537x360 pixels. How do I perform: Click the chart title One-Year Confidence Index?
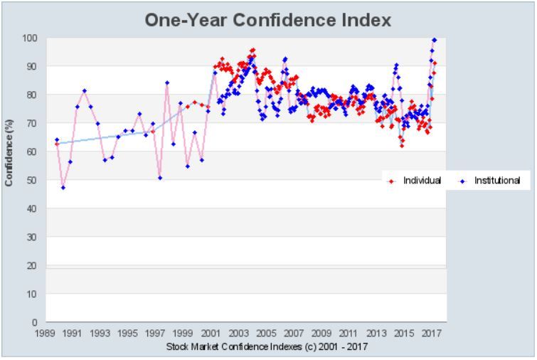coord(268,20)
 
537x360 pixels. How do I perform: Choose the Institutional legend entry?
coord(496,181)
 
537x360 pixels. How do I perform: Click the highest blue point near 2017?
coord(435,40)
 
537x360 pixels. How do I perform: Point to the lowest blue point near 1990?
coord(63,187)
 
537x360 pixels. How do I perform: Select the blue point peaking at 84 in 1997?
coord(167,83)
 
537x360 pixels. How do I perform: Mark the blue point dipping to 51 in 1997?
coord(160,177)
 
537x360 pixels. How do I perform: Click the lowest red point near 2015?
coord(402,145)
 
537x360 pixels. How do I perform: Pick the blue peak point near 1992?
coord(84,90)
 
